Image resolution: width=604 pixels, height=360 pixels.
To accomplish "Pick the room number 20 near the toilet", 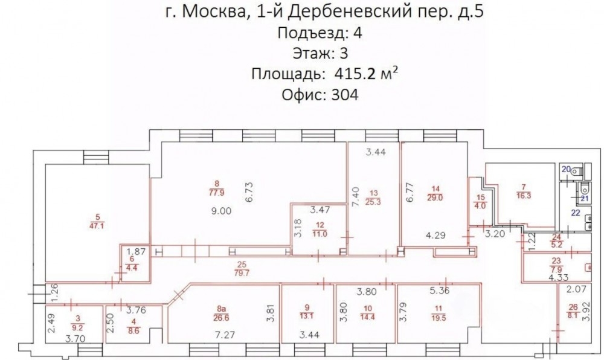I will (566, 169).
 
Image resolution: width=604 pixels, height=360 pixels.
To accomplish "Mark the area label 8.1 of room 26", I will (573, 314).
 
